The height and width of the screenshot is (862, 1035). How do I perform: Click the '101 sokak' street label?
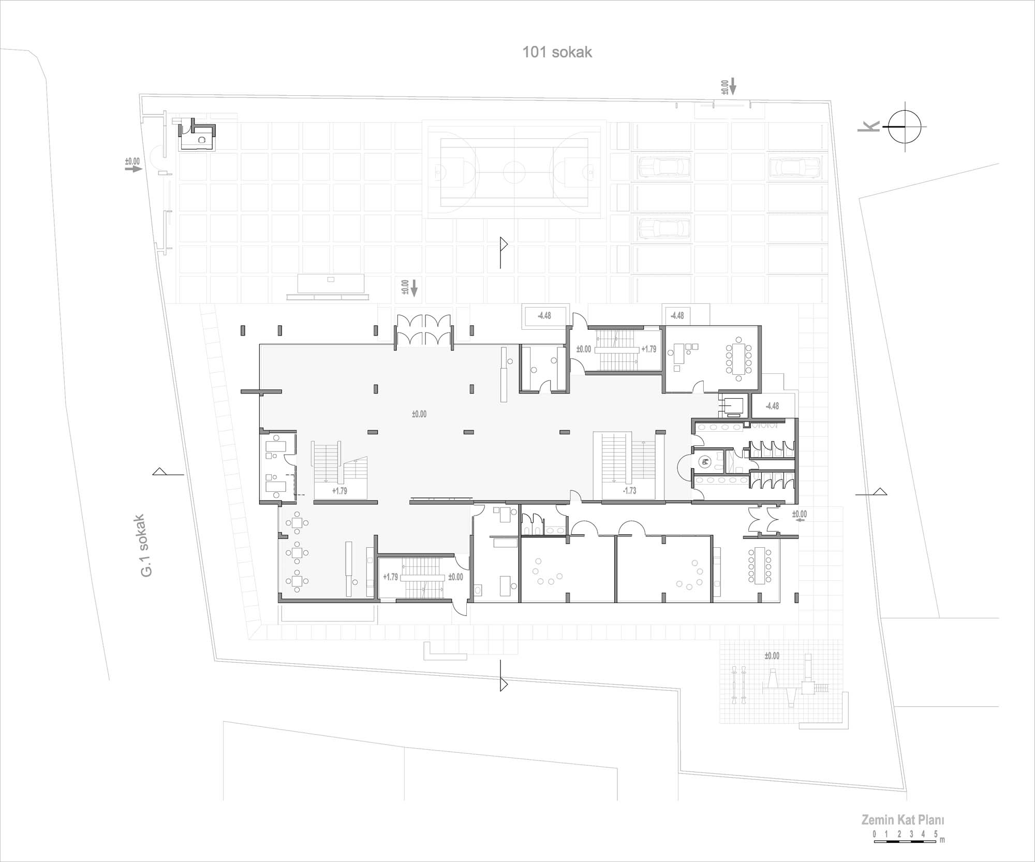click(x=557, y=52)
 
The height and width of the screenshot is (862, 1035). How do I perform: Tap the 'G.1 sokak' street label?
click(x=146, y=546)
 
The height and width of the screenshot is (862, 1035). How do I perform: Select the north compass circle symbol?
click(x=905, y=127)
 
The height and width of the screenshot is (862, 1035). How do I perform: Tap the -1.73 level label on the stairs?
click(x=629, y=491)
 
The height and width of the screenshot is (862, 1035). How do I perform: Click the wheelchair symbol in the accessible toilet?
click(x=703, y=461)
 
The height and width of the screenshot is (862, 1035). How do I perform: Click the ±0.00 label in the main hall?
click(x=419, y=414)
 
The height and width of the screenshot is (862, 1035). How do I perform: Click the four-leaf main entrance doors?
click(x=424, y=330)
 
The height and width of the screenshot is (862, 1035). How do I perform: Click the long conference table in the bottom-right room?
click(x=759, y=565)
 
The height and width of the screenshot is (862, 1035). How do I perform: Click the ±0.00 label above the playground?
click(x=772, y=656)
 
